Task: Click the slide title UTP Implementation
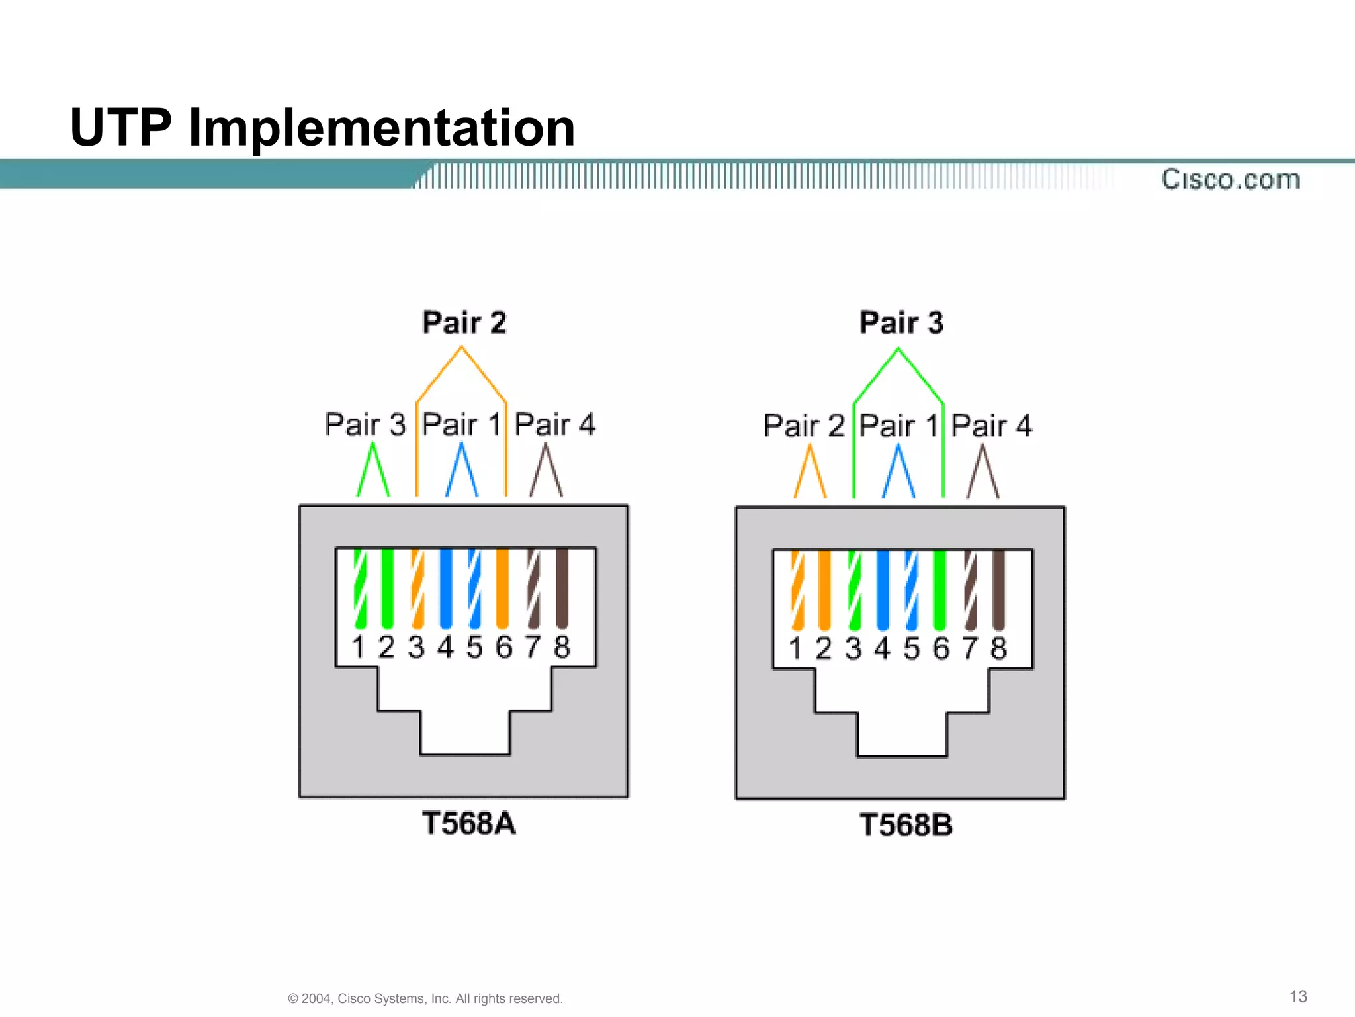(x=322, y=127)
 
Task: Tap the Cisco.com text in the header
(x=1231, y=179)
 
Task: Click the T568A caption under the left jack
(x=468, y=824)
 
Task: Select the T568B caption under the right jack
(x=906, y=825)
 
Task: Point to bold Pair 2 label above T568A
(x=464, y=323)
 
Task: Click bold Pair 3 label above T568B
(x=901, y=323)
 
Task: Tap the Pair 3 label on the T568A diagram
(x=365, y=424)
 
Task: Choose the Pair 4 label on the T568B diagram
(x=991, y=426)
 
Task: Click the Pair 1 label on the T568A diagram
(x=460, y=424)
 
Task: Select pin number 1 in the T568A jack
(x=358, y=647)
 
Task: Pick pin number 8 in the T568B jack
(x=999, y=648)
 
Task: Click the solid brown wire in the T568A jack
(x=562, y=588)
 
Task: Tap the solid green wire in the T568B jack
(x=940, y=589)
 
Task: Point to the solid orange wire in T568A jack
(x=503, y=588)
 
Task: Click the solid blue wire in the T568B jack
(x=882, y=589)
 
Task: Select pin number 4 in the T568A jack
(x=445, y=647)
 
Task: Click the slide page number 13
(x=1298, y=996)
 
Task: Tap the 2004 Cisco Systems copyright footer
(x=425, y=998)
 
